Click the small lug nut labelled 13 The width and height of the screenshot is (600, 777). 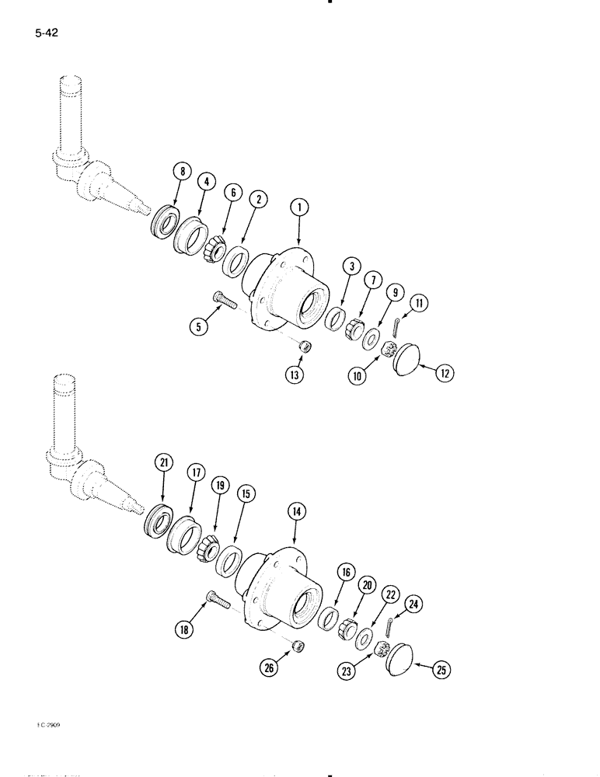306,347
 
